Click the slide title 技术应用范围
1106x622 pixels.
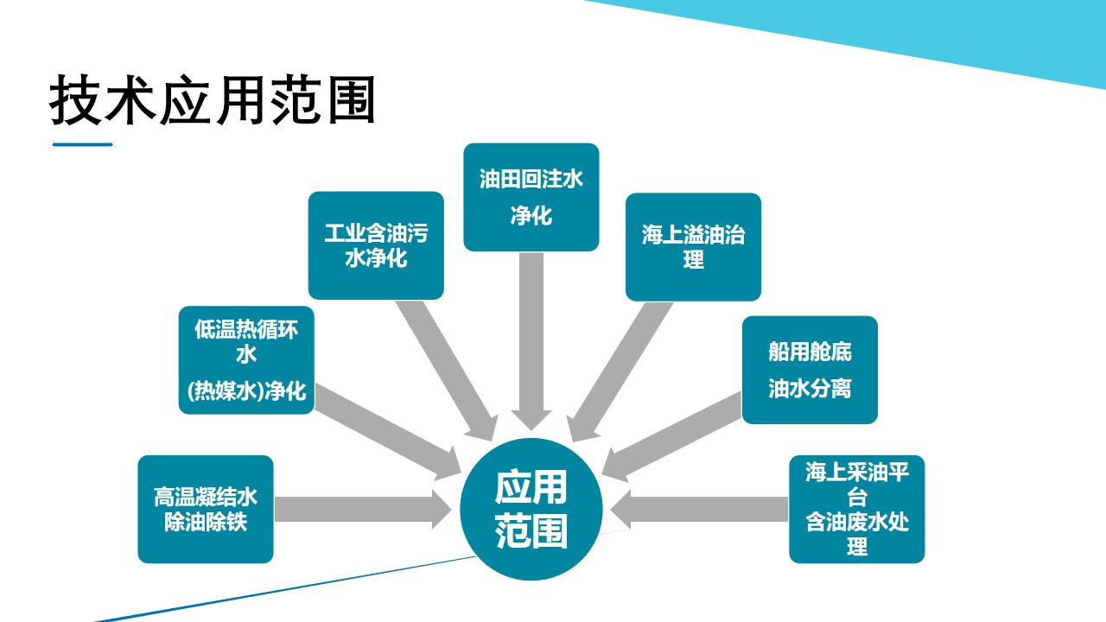(213, 99)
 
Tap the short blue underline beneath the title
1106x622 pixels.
(82, 144)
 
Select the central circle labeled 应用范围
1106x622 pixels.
(531, 509)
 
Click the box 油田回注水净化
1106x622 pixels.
(531, 197)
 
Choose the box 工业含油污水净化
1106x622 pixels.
(376, 245)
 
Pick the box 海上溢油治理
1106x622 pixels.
(693, 247)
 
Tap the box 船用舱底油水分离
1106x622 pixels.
(810, 370)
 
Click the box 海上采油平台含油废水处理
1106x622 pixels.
(857, 509)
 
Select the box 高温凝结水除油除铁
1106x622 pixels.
(206, 509)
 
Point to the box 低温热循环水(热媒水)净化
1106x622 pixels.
(246, 360)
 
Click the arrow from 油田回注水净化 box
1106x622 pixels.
(531, 340)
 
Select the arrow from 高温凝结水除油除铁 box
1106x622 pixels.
(363, 510)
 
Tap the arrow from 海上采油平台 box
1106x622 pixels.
(699, 510)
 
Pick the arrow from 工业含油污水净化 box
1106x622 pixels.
(447, 371)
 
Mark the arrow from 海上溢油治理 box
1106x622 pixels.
(620, 372)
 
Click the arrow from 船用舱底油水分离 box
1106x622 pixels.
(671, 437)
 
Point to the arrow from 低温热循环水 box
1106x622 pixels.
(388, 432)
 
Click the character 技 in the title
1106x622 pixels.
(75, 99)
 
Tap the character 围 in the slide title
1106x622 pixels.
(351, 99)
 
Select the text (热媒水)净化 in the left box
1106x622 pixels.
(246, 390)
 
